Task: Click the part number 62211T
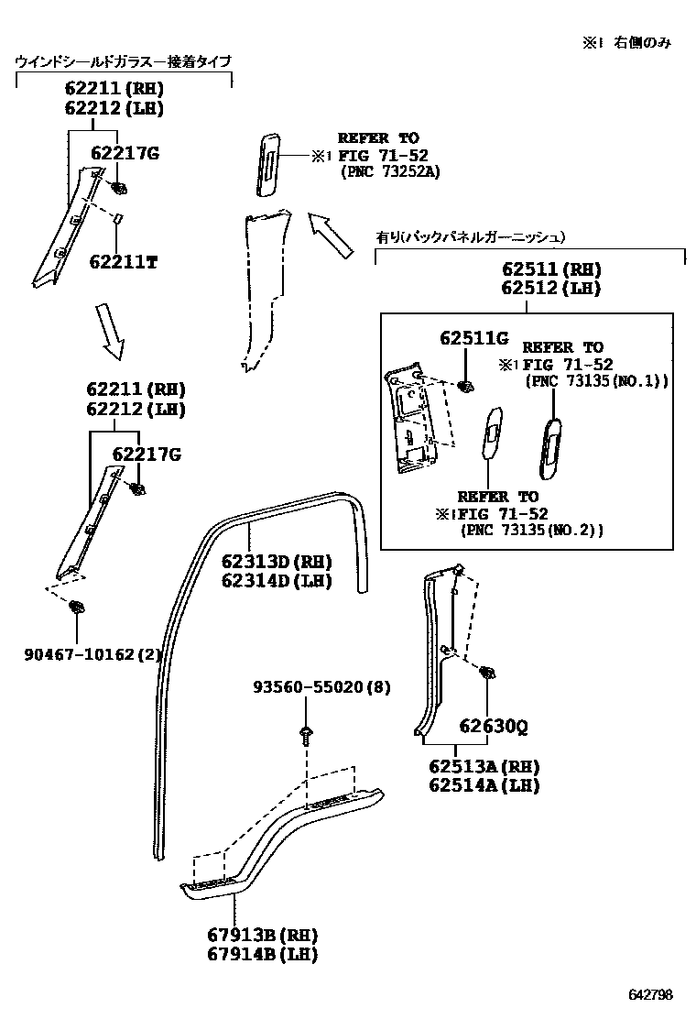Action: pyautogui.click(x=124, y=262)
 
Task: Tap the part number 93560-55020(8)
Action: pyautogui.click(x=321, y=686)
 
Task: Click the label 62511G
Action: pyautogui.click(x=473, y=337)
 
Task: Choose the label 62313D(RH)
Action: pyautogui.click(x=276, y=562)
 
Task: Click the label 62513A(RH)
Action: pyautogui.click(x=484, y=766)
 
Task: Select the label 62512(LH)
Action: pyautogui.click(x=550, y=288)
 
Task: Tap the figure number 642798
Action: pyautogui.click(x=650, y=995)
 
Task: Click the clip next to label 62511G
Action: pyautogui.click(x=465, y=385)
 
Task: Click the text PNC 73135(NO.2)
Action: pyautogui.click(x=531, y=530)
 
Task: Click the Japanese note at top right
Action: pyautogui.click(x=627, y=43)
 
